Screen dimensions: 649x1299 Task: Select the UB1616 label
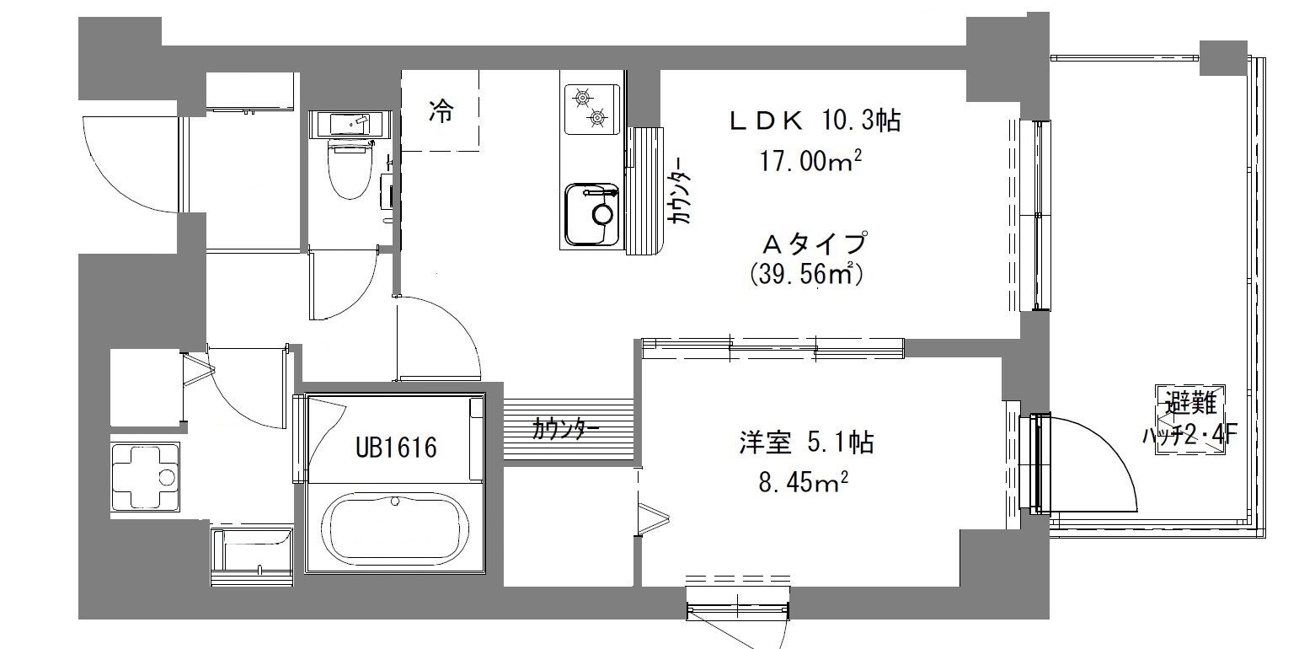pyautogui.click(x=396, y=447)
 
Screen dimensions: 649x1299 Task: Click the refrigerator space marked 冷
pyautogui.click(x=440, y=110)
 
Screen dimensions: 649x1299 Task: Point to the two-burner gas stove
pyautogui.click(x=591, y=109)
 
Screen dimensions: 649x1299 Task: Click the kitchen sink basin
pyautogui.click(x=591, y=214)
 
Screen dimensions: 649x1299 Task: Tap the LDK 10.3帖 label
pyautogui.click(x=814, y=121)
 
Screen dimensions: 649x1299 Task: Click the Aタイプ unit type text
pyautogui.click(x=813, y=244)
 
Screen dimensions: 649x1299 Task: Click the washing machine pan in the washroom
pyautogui.click(x=145, y=477)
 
